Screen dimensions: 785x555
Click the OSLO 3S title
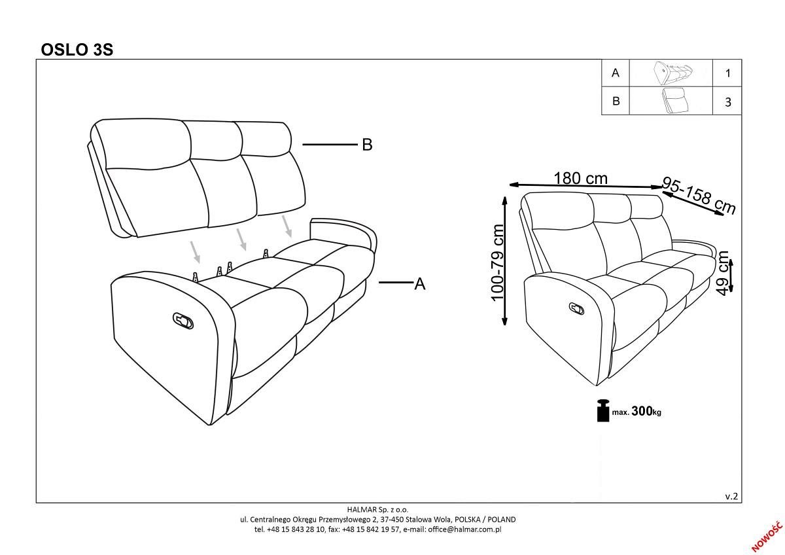[77, 50]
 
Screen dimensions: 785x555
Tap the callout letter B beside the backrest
[367, 145]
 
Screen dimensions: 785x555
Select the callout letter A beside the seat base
[420, 283]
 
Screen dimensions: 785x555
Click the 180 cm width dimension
[580, 179]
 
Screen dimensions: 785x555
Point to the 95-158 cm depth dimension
[699, 195]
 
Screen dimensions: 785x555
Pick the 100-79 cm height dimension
[497, 262]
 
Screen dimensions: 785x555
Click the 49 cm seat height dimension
[723, 273]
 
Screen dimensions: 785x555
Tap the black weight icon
[603, 410]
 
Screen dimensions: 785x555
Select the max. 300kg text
[637, 411]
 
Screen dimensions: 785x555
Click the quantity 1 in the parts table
[728, 73]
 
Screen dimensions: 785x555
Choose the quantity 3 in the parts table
[728, 102]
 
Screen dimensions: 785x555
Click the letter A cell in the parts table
[615, 73]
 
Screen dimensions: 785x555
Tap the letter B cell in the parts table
[616, 101]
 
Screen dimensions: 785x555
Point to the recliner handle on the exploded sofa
[183, 321]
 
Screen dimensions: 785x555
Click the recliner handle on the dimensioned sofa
[576, 308]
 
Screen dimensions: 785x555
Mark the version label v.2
[731, 497]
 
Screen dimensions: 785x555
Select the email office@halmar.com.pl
[464, 529]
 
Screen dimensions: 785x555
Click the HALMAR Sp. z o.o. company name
[377, 509]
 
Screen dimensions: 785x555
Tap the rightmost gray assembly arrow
[287, 226]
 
